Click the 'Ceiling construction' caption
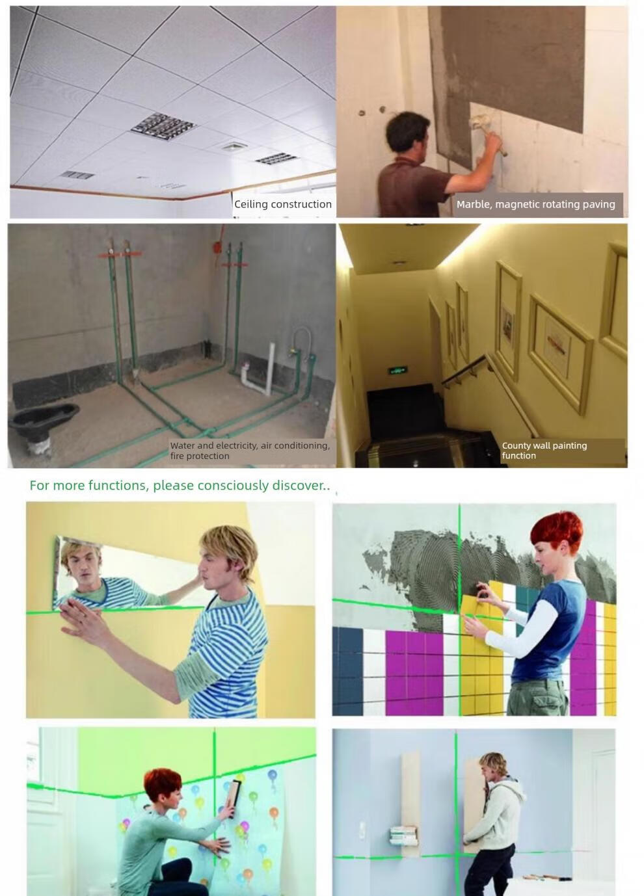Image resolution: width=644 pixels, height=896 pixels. coord(282,204)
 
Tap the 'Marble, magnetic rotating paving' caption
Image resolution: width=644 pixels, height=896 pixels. coord(535,204)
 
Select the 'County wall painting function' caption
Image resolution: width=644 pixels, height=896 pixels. coord(544,451)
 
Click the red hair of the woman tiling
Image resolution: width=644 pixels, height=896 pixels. coord(556,531)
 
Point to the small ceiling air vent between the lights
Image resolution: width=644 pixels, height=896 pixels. coord(235,146)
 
